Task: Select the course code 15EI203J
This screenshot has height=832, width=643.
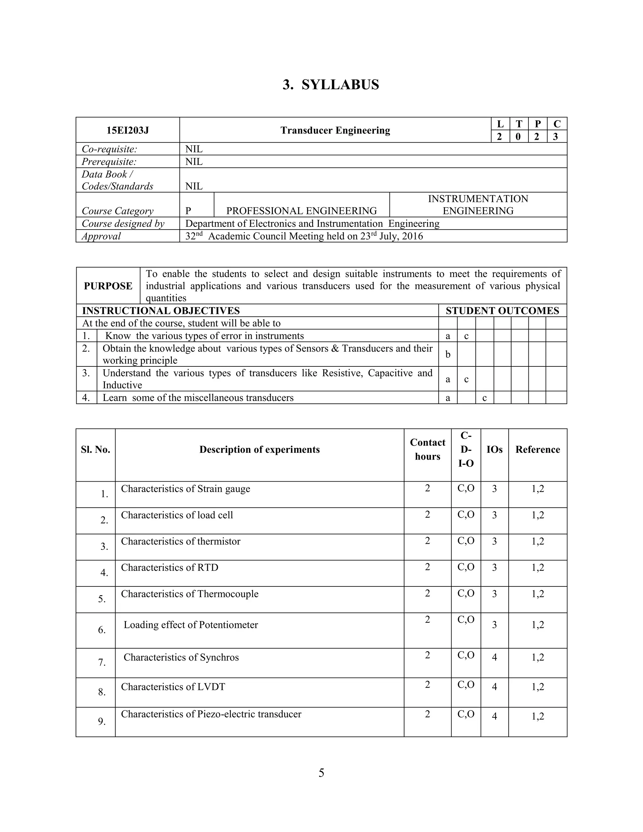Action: coord(127,130)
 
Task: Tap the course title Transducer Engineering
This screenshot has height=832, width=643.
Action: coord(335,130)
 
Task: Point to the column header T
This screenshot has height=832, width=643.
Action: coord(518,124)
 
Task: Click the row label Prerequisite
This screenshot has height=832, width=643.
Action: coord(109,161)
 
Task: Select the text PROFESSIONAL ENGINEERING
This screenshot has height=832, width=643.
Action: coord(301,211)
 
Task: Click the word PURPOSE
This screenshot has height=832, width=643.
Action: coord(108,286)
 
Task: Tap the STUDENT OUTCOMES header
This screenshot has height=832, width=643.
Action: coord(502,311)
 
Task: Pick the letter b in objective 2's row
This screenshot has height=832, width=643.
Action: coord(448,354)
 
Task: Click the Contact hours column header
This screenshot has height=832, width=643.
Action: coord(427,449)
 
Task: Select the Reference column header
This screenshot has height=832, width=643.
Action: coord(538,449)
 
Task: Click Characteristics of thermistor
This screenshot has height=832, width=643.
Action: coord(181,541)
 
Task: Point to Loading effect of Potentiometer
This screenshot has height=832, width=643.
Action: coord(191,625)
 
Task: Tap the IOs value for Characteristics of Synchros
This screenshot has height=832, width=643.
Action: coord(494,657)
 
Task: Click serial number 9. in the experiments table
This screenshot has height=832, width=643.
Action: coord(102,721)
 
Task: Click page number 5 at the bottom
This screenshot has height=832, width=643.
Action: coord(321,773)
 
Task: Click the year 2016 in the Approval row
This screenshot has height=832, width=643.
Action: coord(412,236)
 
